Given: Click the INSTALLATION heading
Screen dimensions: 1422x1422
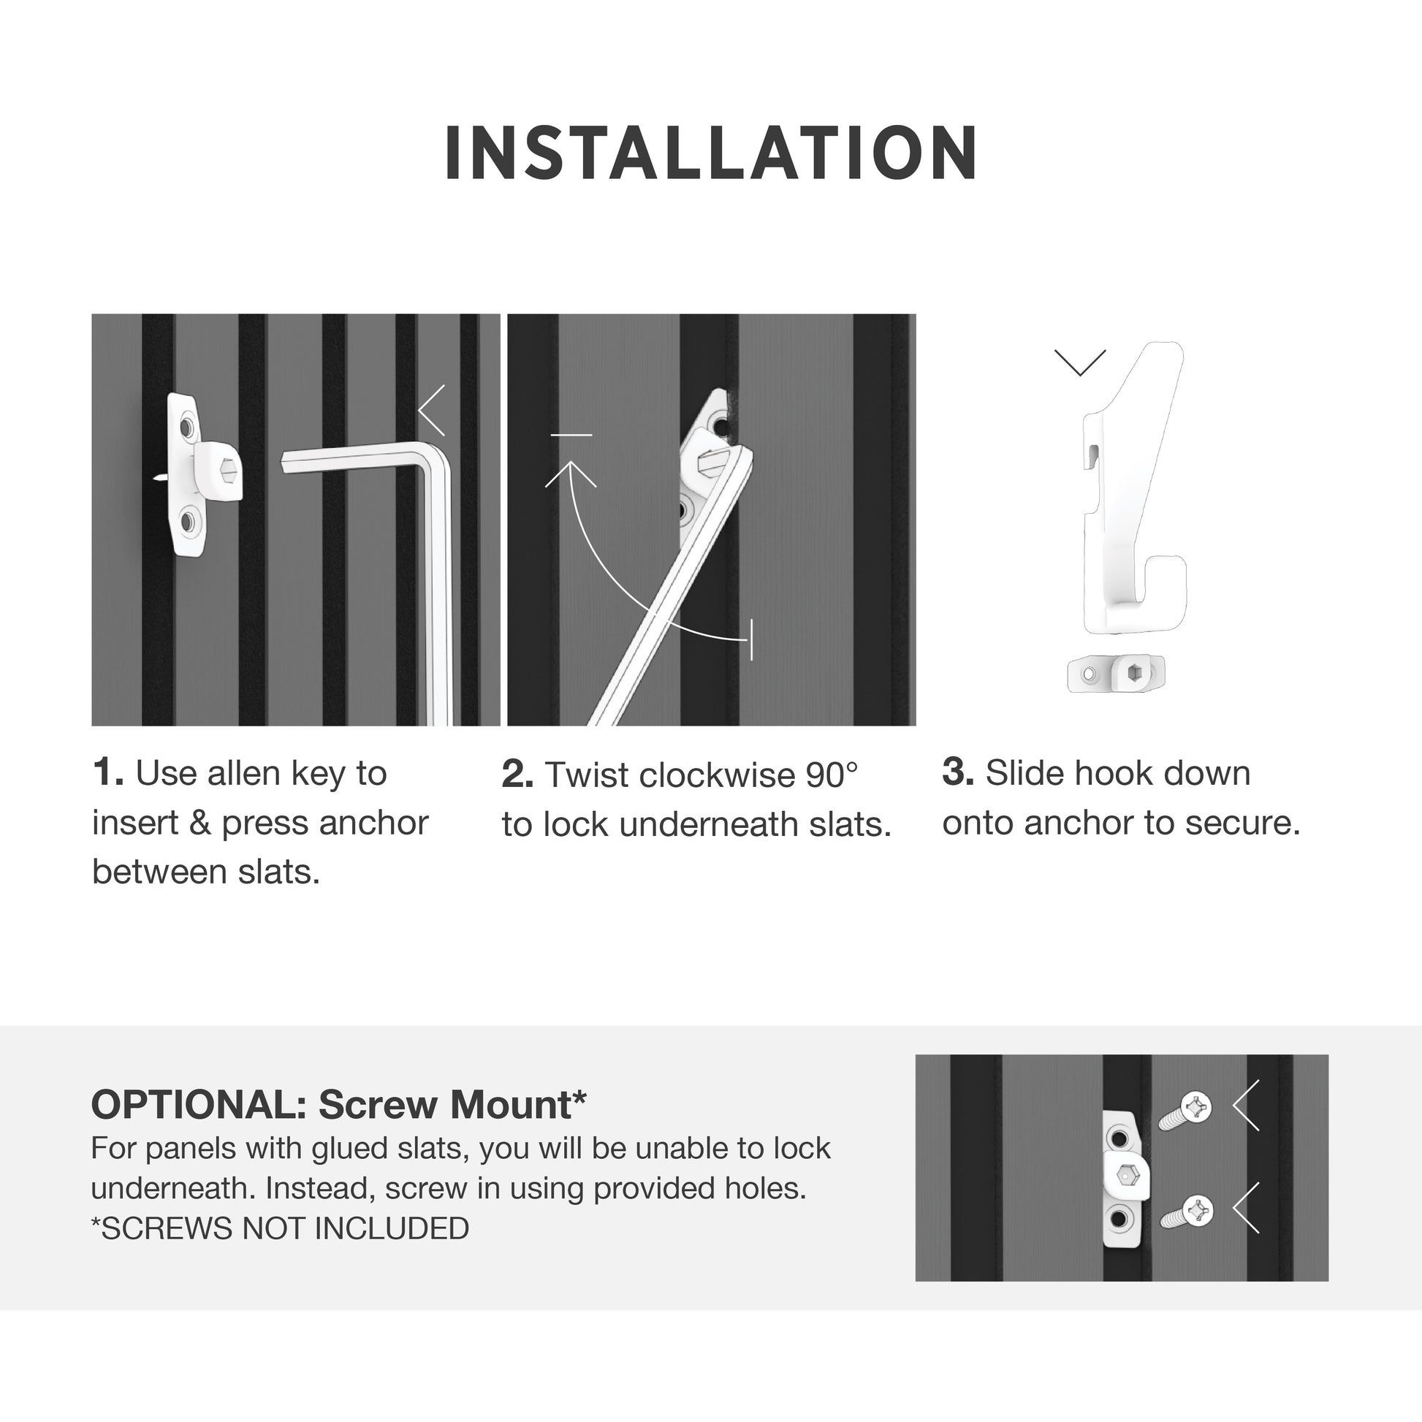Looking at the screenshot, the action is click(x=711, y=153).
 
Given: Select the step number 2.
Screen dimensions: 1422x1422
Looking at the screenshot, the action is click(x=517, y=775).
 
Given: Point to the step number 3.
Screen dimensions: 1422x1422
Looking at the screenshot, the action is click(x=957, y=772).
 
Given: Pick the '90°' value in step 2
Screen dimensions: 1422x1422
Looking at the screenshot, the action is click(x=832, y=775).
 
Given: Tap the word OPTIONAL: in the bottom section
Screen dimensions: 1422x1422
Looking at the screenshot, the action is click(x=199, y=1105).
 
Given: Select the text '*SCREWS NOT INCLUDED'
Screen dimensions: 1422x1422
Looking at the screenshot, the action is click(x=280, y=1228).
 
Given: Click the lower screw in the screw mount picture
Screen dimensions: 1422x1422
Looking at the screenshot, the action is click(x=1187, y=1212).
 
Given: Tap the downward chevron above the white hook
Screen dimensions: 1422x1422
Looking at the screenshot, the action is click(x=1080, y=363).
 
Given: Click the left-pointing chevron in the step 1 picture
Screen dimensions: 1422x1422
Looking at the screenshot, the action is click(x=432, y=410).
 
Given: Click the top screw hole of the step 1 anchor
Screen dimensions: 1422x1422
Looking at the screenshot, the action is click(x=187, y=427).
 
